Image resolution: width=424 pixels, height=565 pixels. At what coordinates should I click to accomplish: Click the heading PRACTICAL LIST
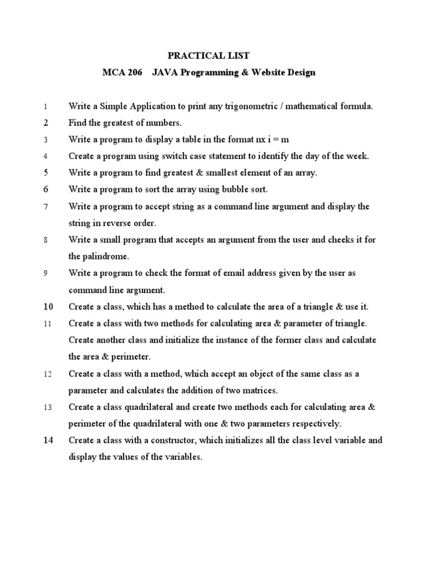click(209, 56)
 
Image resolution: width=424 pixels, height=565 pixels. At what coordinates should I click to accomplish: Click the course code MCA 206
click(119, 73)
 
